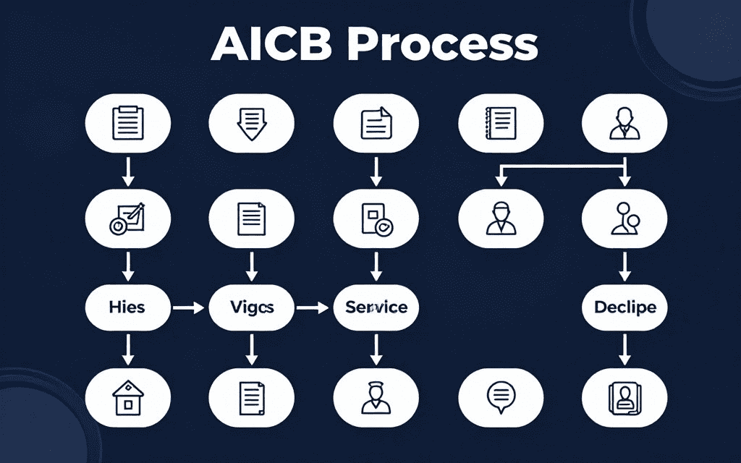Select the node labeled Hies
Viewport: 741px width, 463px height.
128,307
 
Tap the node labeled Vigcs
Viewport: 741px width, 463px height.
251,307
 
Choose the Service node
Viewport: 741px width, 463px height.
376,307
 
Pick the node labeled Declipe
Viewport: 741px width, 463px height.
624,307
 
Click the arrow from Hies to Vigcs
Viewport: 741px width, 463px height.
189,307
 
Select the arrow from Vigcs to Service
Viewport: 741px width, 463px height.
313,307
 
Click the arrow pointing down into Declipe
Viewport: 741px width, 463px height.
624,268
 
